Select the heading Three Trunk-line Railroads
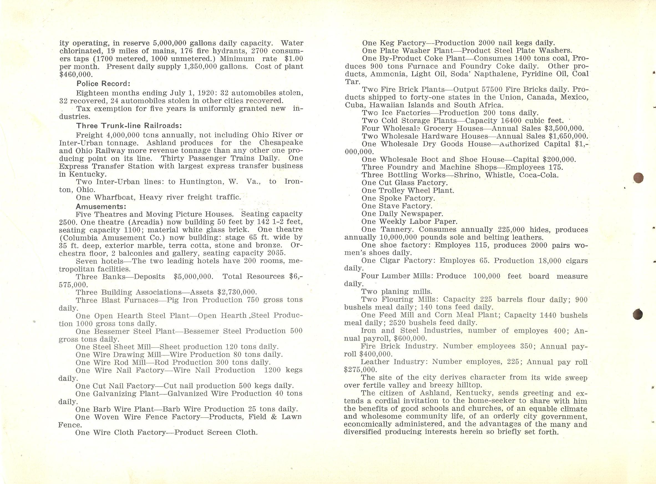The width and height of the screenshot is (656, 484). click(129, 126)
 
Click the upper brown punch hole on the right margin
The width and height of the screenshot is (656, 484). click(639, 178)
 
